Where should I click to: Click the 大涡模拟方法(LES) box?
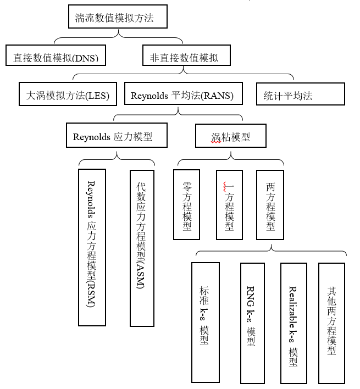(x=68, y=95)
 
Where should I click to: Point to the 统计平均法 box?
(x=300, y=95)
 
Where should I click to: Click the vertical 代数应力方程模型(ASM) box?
(x=142, y=248)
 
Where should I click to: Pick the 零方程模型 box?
(x=186, y=204)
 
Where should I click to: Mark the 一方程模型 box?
(x=229, y=204)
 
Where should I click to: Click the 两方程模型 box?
(x=270, y=204)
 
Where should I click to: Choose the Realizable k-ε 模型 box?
(x=293, y=323)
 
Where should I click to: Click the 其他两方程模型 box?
(x=331, y=323)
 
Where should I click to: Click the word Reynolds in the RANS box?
(x=149, y=96)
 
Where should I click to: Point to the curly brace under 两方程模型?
(x=272, y=251)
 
